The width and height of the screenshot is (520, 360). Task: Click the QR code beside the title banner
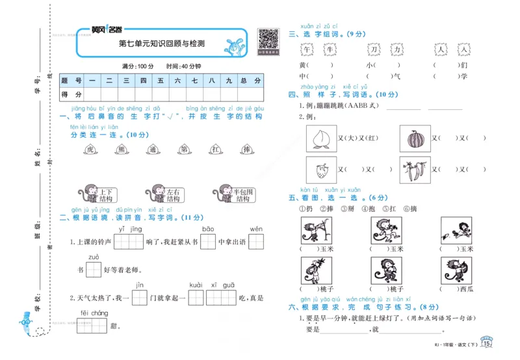point(268,39)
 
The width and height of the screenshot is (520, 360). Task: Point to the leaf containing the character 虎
point(90,150)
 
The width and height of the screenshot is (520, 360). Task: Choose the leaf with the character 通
point(153,150)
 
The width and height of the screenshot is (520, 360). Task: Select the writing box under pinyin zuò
point(94,269)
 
